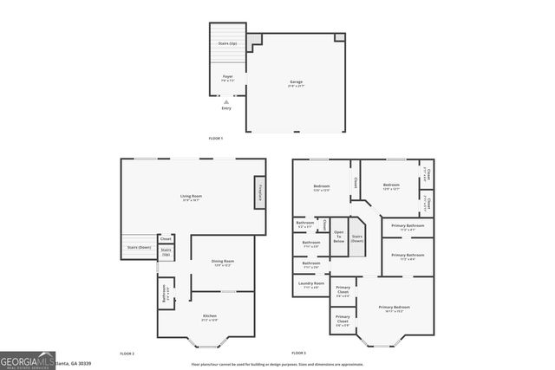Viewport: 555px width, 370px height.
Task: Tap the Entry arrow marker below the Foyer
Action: (x=226, y=102)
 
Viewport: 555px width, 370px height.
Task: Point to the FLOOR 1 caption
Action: (x=215, y=139)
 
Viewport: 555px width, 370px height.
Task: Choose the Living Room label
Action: (x=191, y=198)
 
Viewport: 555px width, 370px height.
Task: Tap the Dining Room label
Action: (x=223, y=263)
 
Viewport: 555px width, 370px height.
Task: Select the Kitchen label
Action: (x=209, y=317)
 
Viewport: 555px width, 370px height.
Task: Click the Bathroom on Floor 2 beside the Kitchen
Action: (x=165, y=295)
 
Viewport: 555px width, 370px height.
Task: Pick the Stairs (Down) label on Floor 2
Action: (x=139, y=247)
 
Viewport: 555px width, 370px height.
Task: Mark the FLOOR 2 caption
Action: (x=127, y=354)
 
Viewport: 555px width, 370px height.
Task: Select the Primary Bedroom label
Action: (x=395, y=308)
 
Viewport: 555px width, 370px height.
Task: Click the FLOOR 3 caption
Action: (x=298, y=354)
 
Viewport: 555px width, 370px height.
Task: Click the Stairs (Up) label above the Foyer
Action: (x=228, y=42)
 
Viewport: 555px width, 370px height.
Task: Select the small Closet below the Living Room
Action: (x=165, y=238)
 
